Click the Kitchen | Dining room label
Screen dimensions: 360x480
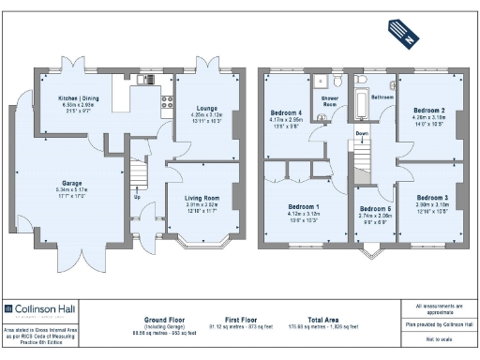point(78,97)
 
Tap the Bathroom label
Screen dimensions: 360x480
point(382,97)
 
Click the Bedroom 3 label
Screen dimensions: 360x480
point(431,198)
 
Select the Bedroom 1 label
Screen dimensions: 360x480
point(304,206)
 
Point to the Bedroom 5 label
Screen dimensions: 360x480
point(375,209)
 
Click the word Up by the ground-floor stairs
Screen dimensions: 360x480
point(138,197)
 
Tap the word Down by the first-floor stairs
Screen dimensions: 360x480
point(363,133)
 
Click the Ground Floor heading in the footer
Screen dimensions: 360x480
point(161,319)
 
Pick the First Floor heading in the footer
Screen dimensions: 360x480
point(243,319)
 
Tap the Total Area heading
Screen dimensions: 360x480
point(324,319)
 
